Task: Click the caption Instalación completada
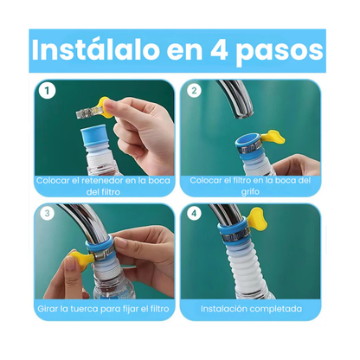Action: click(x=251, y=307)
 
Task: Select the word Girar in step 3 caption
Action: click(x=48, y=307)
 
